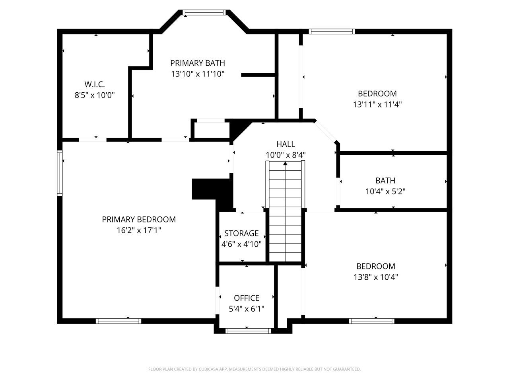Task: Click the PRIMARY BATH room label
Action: pos(198,63)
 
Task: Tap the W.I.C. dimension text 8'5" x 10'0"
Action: pos(95,95)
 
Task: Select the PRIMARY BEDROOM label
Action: pos(139,219)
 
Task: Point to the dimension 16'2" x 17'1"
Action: pos(139,230)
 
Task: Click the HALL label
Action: pos(286,144)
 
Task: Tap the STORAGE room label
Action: pos(241,233)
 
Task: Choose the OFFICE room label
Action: pos(247,298)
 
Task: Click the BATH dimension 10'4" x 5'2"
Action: pos(385,191)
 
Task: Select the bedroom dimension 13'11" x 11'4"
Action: pos(377,104)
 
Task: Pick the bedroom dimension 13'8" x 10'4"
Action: pos(376,277)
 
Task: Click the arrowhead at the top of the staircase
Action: pos(286,163)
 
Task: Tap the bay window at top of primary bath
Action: pos(204,13)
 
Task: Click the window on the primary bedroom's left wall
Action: pos(60,173)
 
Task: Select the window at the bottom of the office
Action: pos(248,331)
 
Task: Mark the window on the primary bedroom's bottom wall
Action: pos(119,321)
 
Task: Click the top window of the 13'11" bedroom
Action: pos(331,31)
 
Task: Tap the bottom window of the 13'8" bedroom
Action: pos(371,321)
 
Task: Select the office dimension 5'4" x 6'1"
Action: pos(247,308)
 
